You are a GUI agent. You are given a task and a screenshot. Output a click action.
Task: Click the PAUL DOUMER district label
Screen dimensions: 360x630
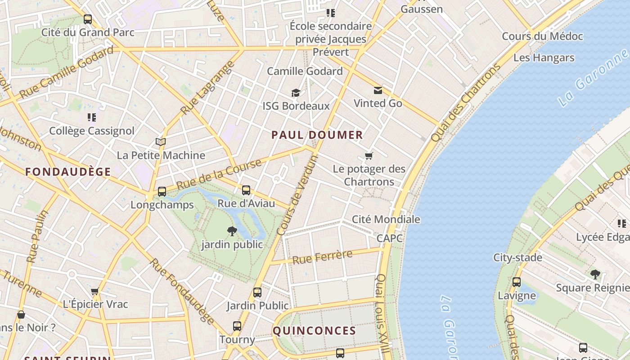(317, 135)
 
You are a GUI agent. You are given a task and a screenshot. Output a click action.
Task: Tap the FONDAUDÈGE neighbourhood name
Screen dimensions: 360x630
(68, 171)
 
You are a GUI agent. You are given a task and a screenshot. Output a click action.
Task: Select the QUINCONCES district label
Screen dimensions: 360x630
(315, 331)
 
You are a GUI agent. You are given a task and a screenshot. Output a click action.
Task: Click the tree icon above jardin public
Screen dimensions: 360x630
(232, 231)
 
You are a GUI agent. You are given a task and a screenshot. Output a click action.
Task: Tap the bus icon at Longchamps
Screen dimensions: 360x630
(162, 192)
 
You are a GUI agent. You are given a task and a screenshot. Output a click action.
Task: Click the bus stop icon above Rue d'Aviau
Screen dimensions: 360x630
(246, 190)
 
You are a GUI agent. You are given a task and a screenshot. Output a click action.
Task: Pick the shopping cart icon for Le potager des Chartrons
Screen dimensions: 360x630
(369, 156)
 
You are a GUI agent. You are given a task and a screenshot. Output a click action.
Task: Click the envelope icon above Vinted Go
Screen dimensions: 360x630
(378, 90)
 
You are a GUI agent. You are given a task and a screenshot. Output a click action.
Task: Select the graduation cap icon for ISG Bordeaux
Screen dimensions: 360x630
(296, 93)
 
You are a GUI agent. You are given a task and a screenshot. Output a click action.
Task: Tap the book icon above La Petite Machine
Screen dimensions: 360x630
(161, 142)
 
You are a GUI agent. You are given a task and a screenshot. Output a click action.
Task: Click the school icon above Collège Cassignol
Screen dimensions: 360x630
(92, 117)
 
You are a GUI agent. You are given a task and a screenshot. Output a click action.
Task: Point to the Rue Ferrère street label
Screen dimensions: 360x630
(322, 257)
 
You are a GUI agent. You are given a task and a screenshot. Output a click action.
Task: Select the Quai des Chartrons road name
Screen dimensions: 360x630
(465, 103)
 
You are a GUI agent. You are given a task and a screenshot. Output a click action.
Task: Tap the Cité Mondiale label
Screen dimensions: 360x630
(386, 220)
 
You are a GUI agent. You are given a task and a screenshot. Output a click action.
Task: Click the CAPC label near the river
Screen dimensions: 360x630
(390, 238)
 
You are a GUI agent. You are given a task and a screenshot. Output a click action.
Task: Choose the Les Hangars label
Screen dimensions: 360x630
(544, 58)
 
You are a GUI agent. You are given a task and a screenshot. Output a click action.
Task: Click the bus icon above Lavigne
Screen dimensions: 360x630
(517, 282)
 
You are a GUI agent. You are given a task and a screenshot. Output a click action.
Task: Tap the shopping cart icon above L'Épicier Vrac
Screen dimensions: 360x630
(94, 291)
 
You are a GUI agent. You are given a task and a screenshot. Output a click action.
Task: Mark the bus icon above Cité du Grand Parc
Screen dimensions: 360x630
(88, 19)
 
